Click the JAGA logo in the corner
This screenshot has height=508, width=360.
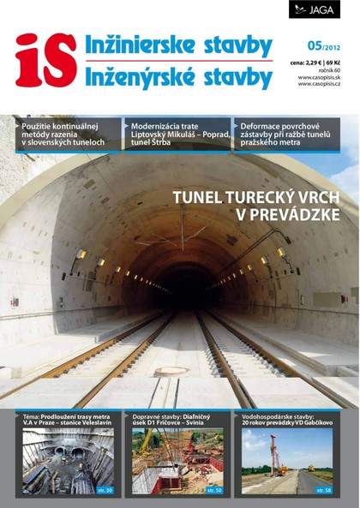315,9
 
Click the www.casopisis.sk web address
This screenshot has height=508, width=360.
320,76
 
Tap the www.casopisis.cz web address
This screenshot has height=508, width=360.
320,84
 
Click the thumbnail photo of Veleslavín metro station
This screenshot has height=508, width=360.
67,461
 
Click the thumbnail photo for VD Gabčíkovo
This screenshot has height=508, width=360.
286,461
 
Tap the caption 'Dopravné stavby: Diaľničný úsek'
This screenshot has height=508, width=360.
177,419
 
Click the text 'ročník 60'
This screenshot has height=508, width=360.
328,69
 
